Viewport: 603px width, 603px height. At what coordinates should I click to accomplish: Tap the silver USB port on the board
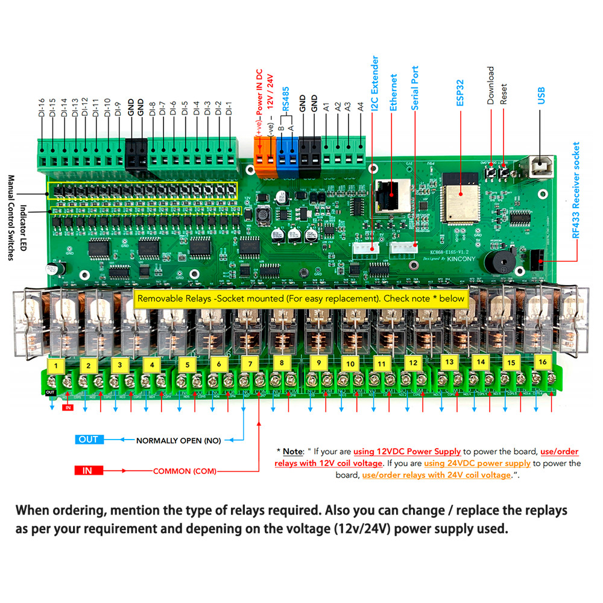(x=538, y=168)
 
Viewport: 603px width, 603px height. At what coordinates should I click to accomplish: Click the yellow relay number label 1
(x=56, y=365)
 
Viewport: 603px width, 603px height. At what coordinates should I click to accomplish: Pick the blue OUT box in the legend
(x=88, y=439)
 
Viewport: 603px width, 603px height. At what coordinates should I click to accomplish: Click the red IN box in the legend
(x=87, y=470)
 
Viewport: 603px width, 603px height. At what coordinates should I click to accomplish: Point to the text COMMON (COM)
(x=184, y=471)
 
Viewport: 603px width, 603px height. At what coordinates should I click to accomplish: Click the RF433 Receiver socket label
(x=576, y=190)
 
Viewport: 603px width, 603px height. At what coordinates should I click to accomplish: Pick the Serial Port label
(x=415, y=87)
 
